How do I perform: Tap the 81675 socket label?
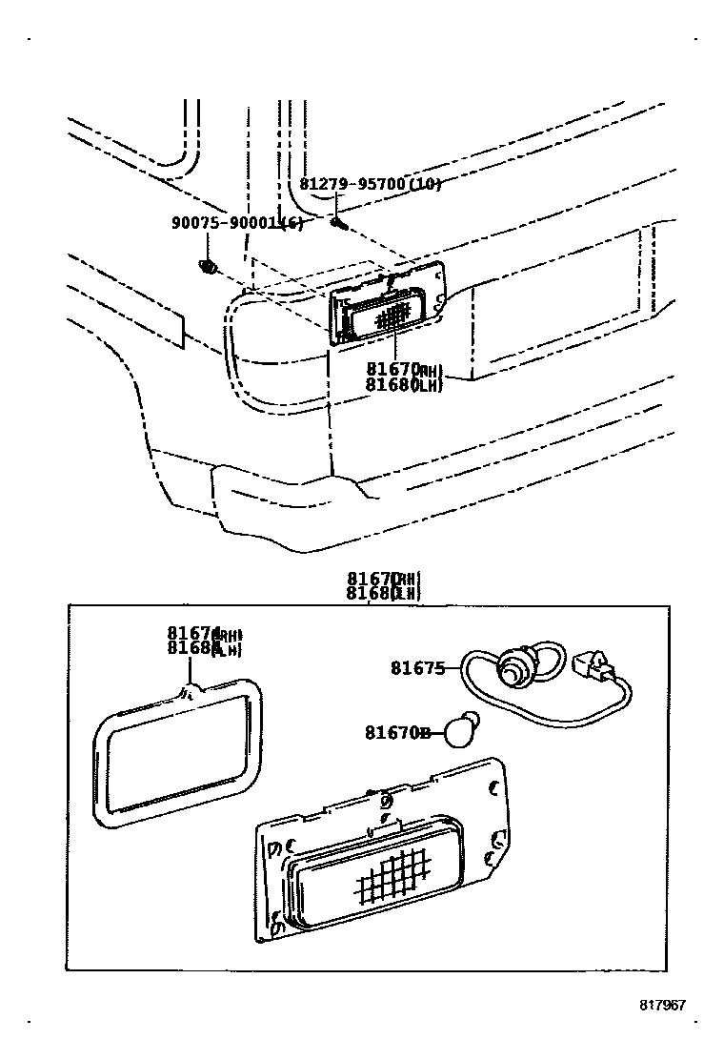(417, 668)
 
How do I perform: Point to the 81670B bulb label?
(398, 732)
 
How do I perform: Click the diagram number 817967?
(662, 1005)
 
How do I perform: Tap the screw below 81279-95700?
(339, 223)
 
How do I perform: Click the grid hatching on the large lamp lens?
(390, 875)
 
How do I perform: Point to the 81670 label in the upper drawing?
(391, 369)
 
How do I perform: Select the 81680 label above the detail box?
(372, 593)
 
